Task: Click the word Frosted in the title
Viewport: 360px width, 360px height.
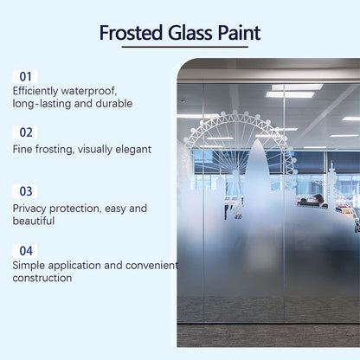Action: coord(131,34)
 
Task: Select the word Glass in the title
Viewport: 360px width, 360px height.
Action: coord(186,34)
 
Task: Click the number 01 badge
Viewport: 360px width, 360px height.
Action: coord(25,76)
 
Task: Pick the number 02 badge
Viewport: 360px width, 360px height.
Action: coord(25,132)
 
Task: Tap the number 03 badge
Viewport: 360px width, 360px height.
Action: coord(26,191)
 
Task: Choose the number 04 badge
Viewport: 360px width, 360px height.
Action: coord(26,250)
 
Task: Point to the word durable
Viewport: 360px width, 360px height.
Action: coord(113,104)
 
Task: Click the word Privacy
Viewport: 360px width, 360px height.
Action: coord(30,209)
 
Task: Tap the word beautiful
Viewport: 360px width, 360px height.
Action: coord(35,222)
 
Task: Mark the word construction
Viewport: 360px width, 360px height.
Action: coord(42,279)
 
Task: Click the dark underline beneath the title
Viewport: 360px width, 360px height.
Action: coord(179,48)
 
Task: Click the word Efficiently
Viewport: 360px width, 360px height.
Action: coord(40,91)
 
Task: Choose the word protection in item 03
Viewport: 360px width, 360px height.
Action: coord(80,209)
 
